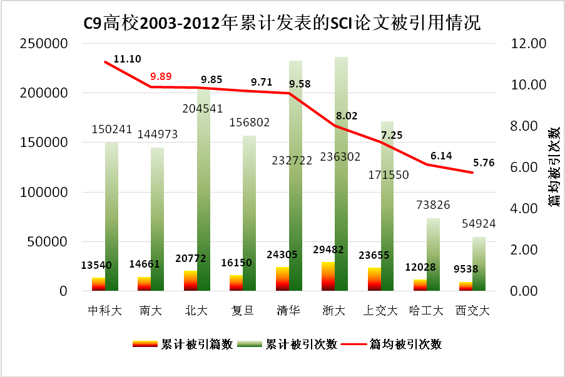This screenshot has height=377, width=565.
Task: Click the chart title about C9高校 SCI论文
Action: pos(282,24)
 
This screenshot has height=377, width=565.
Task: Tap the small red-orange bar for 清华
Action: pos(282,279)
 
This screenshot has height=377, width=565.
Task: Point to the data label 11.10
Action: pos(127,59)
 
